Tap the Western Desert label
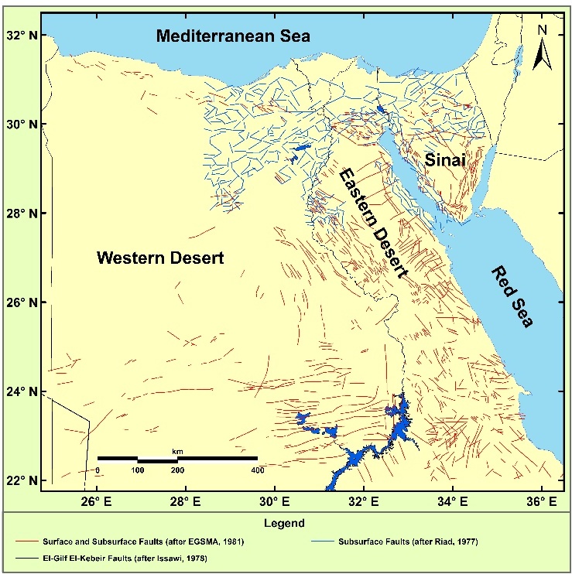(x=160, y=258)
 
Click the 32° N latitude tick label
(x=21, y=36)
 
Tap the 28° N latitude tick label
(x=21, y=214)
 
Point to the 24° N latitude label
(x=21, y=391)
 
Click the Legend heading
(x=286, y=523)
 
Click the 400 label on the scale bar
(x=255, y=470)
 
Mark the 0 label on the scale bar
(x=98, y=470)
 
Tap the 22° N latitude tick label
(x=21, y=480)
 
